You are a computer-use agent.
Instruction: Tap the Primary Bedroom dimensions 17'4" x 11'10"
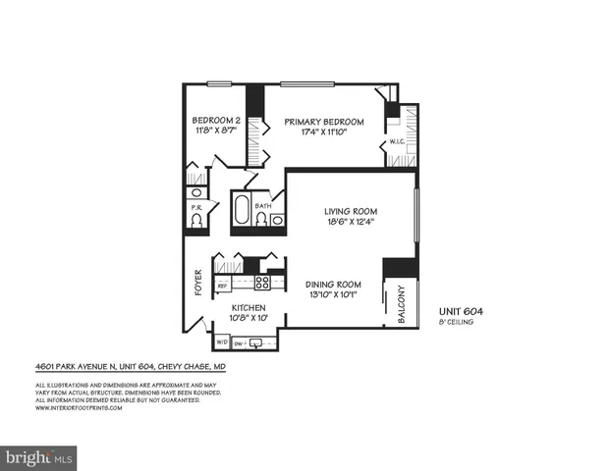(x=324, y=132)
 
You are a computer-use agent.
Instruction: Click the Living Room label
(x=351, y=212)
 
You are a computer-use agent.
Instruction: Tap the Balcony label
(x=400, y=305)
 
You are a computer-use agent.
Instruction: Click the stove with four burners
(x=263, y=283)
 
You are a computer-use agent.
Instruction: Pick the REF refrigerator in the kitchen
(x=223, y=284)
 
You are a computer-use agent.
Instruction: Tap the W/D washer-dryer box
(x=221, y=343)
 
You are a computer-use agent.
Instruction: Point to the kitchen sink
(x=257, y=343)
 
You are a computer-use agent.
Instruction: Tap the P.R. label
(x=196, y=207)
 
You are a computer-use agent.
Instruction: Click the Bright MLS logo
(x=39, y=456)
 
